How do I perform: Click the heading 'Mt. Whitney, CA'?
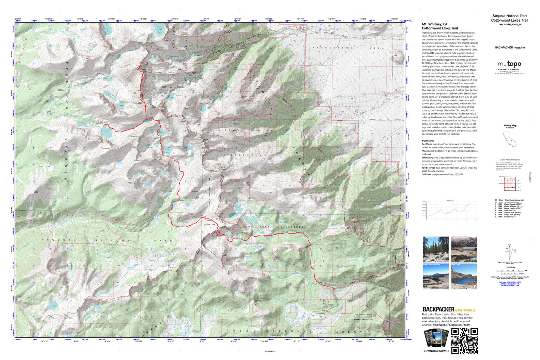(x=434, y=24)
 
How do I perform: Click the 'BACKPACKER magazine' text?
(x=510, y=47)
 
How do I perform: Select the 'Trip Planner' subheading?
(x=428, y=141)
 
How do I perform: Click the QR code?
(x=465, y=341)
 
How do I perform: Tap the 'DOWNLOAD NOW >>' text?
(x=436, y=351)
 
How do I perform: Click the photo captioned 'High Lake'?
(x=464, y=276)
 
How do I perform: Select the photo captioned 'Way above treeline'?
(x=436, y=276)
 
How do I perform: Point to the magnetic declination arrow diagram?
(x=510, y=251)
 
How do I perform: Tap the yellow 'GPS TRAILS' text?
(x=465, y=310)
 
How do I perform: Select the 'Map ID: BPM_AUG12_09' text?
(x=510, y=24)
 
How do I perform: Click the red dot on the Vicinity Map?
(x=511, y=140)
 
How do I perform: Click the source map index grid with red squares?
(x=510, y=181)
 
